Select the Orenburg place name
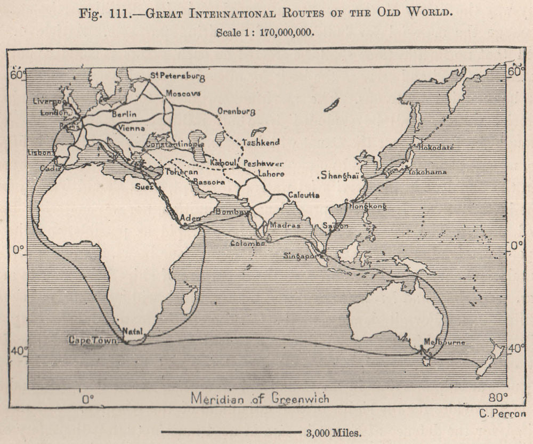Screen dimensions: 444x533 (236, 112)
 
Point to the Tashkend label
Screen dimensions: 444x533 (261, 143)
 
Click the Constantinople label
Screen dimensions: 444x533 (174, 144)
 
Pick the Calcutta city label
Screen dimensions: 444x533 (303, 195)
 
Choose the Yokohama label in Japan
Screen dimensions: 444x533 (427, 172)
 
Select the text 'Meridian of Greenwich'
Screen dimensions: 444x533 (260, 398)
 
